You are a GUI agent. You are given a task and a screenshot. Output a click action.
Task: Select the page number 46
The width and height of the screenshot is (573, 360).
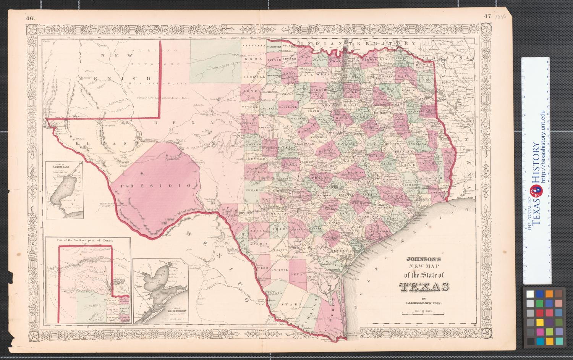pos(31,17)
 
